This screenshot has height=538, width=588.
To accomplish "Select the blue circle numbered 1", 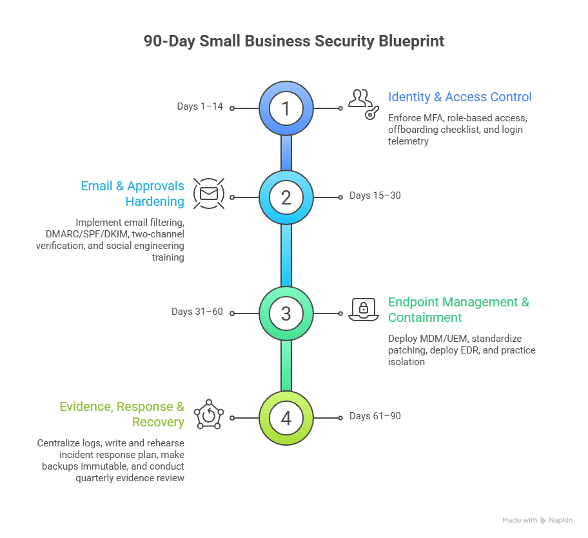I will point(286,108).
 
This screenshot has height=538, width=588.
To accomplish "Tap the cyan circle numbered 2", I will point(286,197).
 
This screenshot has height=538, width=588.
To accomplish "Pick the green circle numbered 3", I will point(286,314).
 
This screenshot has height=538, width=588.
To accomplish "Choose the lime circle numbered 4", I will point(286,417).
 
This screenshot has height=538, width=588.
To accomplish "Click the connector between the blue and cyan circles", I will point(286,153).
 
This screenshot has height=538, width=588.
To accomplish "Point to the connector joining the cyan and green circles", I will point(286,255).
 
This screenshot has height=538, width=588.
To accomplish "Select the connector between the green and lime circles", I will point(286,366).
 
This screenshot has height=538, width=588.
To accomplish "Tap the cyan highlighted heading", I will point(136,194).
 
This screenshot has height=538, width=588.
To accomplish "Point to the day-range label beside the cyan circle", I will point(375,195).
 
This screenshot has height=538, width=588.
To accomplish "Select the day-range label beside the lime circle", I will point(375,417).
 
